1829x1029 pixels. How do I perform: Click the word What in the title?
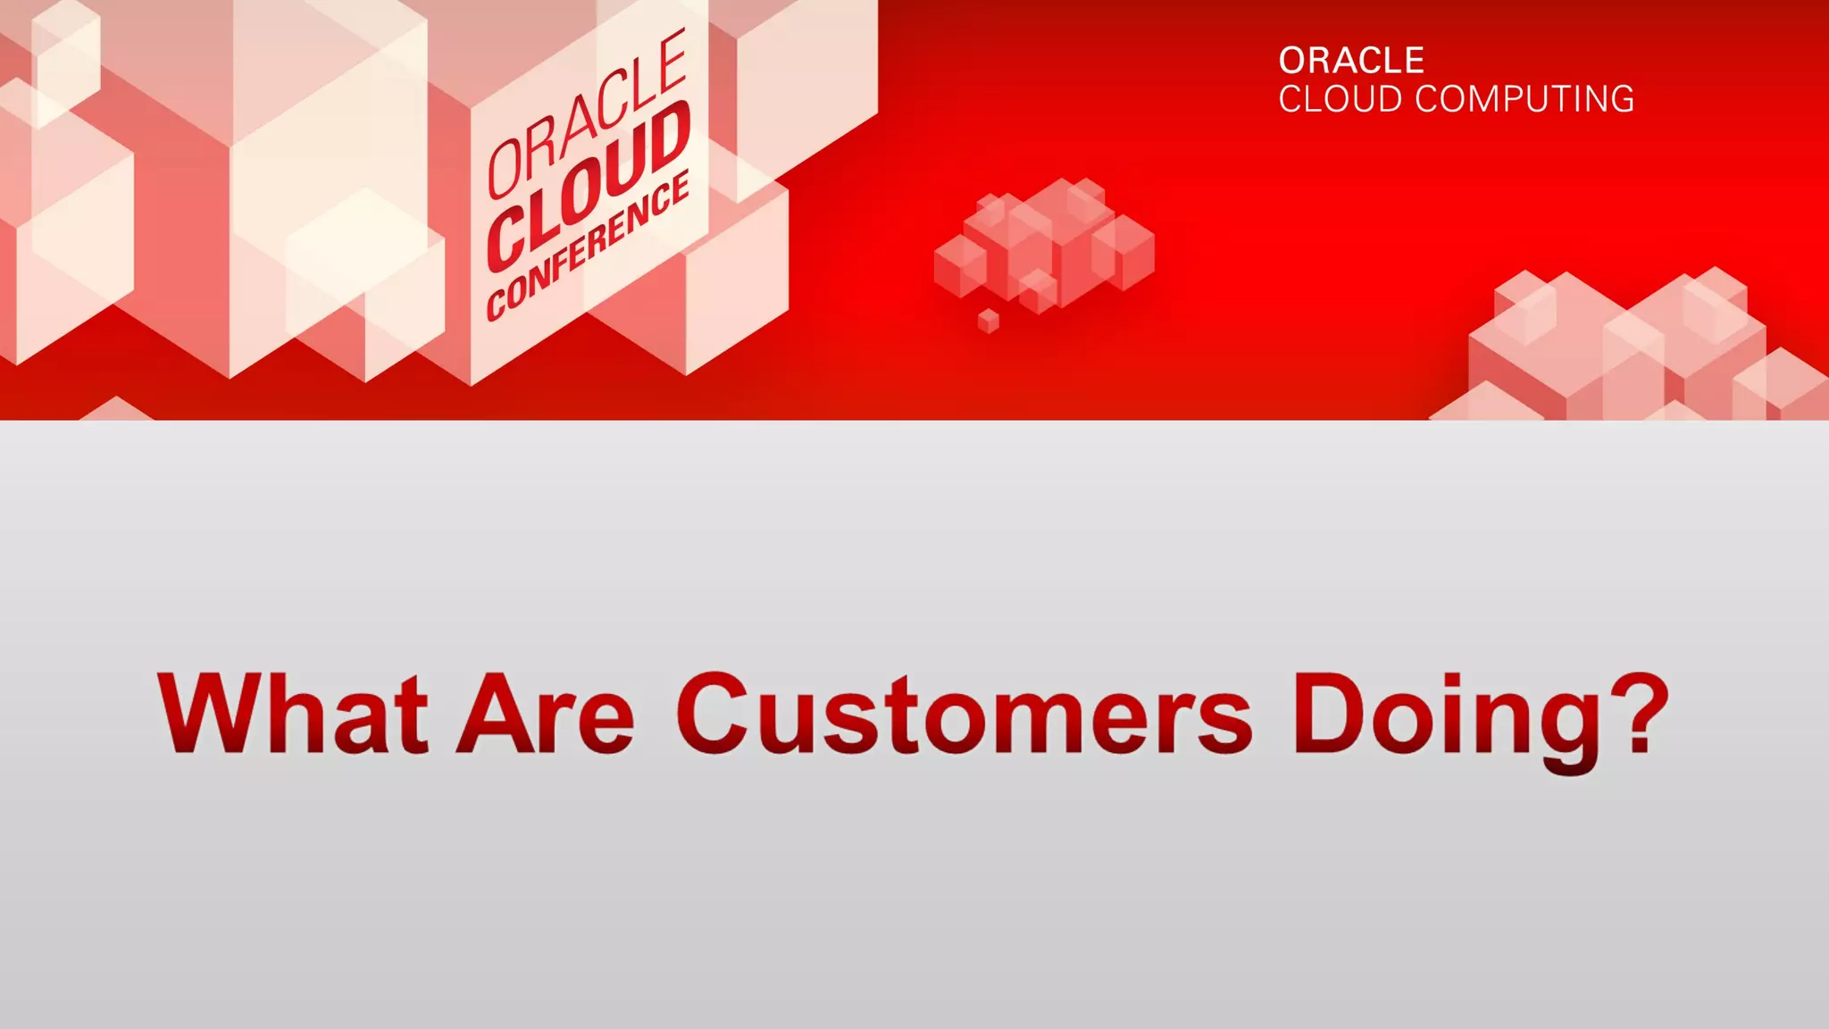pos(292,714)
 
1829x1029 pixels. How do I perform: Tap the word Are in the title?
pos(546,714)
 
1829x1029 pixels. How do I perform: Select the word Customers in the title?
pos(965,714)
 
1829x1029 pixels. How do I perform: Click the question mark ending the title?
pos(1641,714)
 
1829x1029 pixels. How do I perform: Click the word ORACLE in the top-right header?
pos(1351,61)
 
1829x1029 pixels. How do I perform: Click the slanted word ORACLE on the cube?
pos(586,114)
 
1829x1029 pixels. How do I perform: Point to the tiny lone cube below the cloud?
pos(988,321)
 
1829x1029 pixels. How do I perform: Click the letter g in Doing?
pos(1570,728)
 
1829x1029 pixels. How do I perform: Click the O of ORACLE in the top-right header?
pos(1292,61)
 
